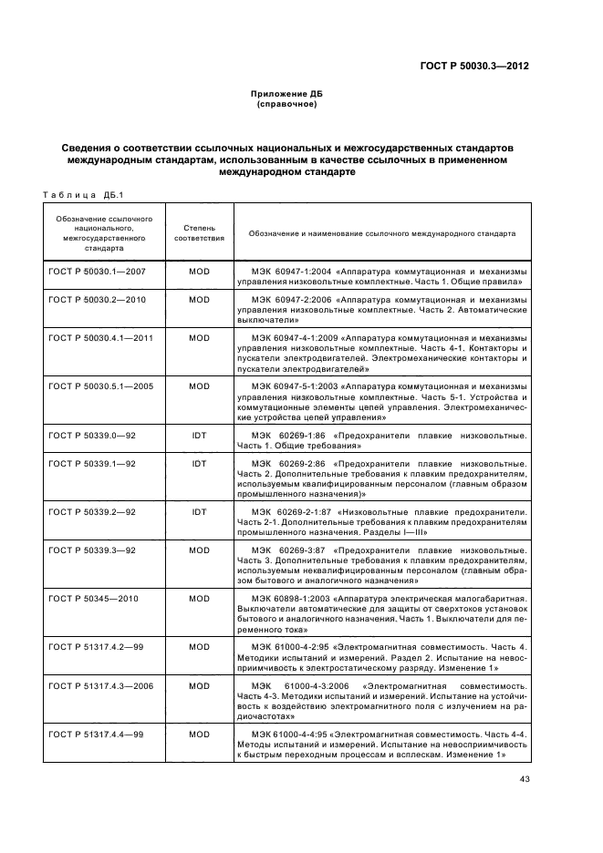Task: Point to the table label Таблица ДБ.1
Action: click(x=76, y=193)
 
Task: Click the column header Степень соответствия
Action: click(x=199, y=233)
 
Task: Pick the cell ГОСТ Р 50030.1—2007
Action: click(x=90, y=272)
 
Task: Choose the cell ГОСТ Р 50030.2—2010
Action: click(x=90, y=299)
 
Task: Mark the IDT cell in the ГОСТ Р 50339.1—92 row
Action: click(x=199, y=463)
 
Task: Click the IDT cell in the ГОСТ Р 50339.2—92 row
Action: click(x=199, y=512)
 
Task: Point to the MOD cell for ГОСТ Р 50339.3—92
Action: click(x=199, y=550)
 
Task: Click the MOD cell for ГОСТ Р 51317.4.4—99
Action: click(x=199, y=733)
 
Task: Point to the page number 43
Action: click(x=524, y=779)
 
